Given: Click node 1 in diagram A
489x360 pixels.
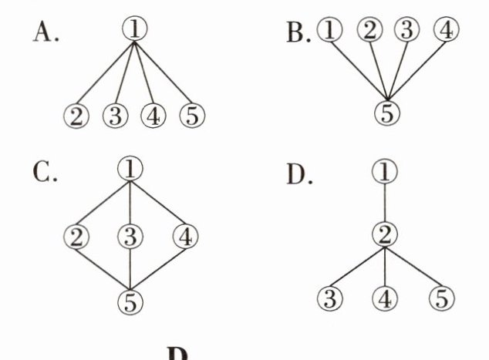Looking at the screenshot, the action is [134, 29].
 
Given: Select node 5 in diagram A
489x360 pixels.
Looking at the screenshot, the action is [191, 116].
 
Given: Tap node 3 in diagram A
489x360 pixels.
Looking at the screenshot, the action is [114, 116].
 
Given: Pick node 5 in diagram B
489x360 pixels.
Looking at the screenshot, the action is [389, 113].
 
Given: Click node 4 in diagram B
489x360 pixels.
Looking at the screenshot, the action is [446, 31].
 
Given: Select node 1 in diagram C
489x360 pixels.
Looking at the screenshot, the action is [133, 168].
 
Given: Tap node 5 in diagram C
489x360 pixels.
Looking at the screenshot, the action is [133, 300].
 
